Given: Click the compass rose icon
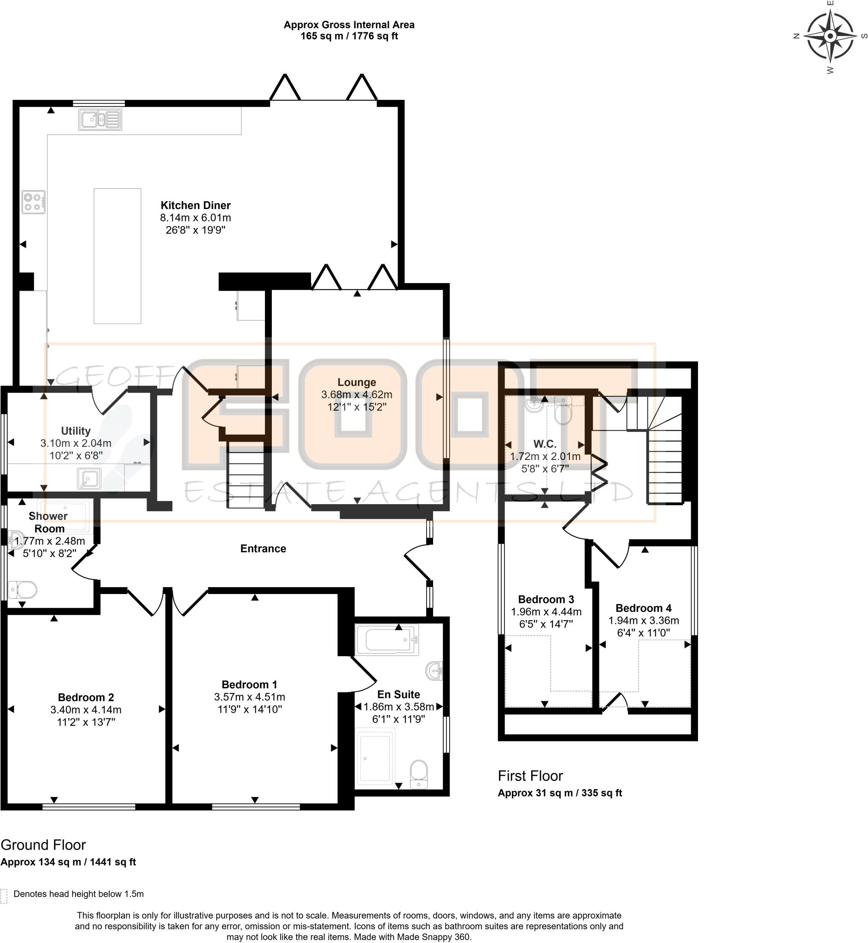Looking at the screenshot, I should (x=830, y=36).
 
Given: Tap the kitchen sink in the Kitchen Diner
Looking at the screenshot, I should (x=100, y=120).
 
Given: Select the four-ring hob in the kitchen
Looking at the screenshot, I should (x=33, y=202).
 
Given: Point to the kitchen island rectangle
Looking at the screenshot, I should (x=117, y=256).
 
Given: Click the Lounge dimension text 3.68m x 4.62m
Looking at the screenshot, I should (x=357, y=395).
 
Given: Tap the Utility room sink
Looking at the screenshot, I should (x=89, y=479).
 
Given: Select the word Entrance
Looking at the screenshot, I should (x=263, y=548).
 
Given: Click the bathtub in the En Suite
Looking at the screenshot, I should (x=387, y=639).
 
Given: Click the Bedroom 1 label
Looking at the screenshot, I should (x=249, y=684).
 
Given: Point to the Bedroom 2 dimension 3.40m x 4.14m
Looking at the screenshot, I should (x=86, y=710).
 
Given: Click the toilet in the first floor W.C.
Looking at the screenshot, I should (x=562, y=412).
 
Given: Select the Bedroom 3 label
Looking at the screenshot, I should (x=546, y=600).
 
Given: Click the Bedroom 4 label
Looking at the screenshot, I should (x=644, y=608).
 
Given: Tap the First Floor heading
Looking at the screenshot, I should (x=530, y=775).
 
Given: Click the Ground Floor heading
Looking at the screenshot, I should (x=43, y=844).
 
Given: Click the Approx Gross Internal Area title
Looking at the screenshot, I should (x=349, y=25).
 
